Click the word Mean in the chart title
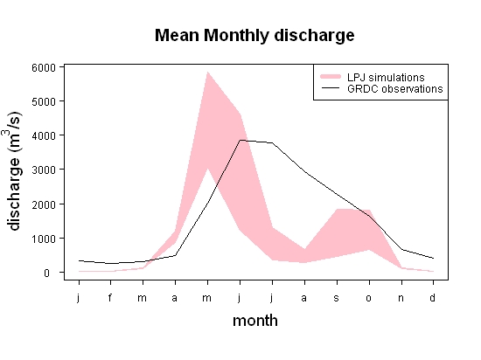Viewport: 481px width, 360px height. (x=177, y=35)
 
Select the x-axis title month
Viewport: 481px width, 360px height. (x=255, y=321)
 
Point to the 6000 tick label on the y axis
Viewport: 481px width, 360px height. (x=44, y=67)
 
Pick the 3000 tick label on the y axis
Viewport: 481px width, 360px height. (x=44, y=170)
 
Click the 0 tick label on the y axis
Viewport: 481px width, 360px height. (x=46, y=273)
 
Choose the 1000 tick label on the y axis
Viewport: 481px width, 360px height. (x=44, y=239)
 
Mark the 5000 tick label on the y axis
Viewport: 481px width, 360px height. (x=44, y=101)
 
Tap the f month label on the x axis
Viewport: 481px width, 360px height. (x=110, y=297)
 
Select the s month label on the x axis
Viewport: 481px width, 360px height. (x=337, y=298)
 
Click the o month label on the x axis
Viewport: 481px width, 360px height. (x=369, y=298)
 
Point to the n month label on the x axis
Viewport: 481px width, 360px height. (x=401, y=298)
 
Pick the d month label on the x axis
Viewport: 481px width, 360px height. (x=433, y=297)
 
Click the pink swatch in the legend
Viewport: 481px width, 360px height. (x=331, y=77)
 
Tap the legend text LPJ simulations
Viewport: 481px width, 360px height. (x=386, y=77)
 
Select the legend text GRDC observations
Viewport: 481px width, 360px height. (x=394, y=89)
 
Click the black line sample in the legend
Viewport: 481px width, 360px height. (x=331, y=88)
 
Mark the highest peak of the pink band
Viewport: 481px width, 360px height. (x=207, y=72)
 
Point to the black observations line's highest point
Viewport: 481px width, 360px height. (x=240, y=140)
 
